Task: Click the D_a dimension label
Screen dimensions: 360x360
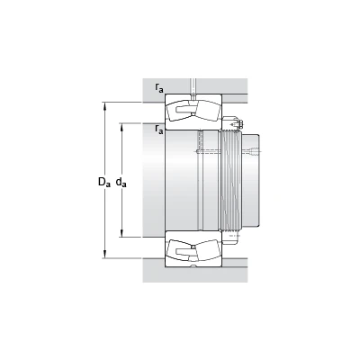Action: [x=104, y=182]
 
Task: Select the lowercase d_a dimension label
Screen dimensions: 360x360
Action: [x=121, y=182]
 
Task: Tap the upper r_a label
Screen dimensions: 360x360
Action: [x=159, y=87]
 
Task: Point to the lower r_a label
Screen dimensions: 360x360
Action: [x=159, y=130]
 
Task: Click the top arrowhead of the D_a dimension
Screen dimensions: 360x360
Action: [x=104, y=105]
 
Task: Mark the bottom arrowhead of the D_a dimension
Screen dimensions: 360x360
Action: [x=104, y=255]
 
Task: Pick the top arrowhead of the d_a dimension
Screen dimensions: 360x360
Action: [x=121, y=126]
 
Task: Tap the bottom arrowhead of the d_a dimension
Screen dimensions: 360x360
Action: [x=121, y=233]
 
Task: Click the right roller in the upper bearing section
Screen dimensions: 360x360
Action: [x=207, y=111]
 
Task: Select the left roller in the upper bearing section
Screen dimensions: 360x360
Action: [x=179, y=111]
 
